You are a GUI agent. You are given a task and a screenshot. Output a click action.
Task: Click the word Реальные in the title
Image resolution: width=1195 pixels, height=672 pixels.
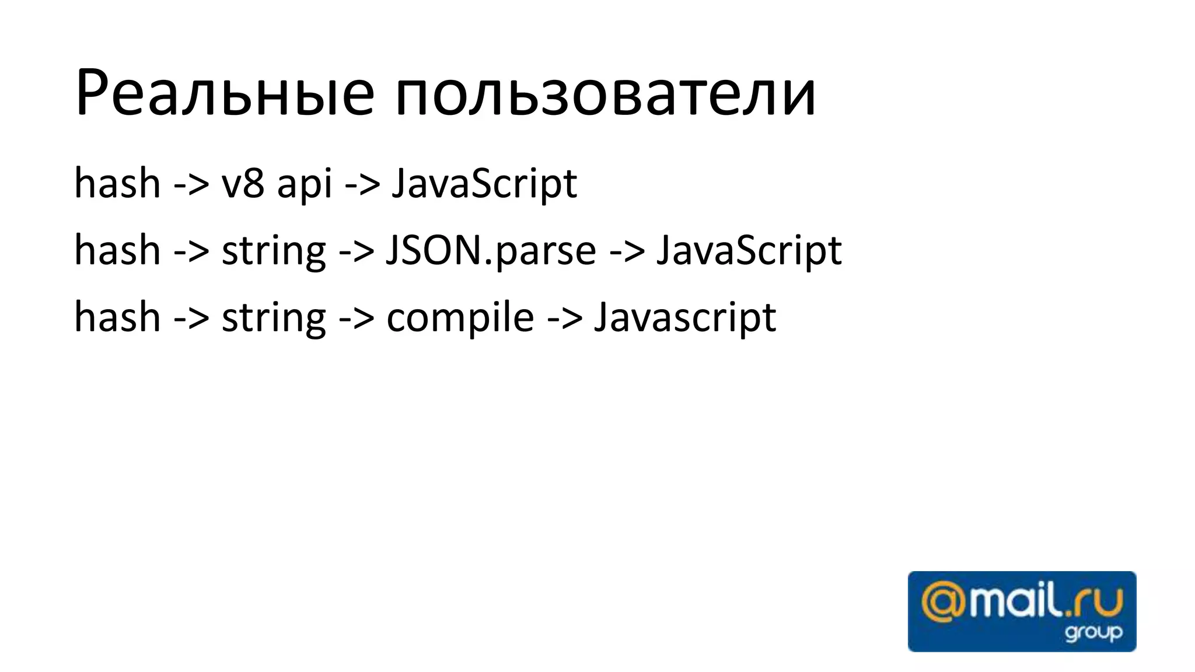click(x=225, y=93)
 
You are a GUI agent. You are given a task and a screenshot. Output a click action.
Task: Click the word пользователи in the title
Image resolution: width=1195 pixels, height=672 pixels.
click(x=605, y=93)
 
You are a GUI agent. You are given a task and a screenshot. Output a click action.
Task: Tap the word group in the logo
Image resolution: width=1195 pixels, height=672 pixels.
click(x=1093, y=633)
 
